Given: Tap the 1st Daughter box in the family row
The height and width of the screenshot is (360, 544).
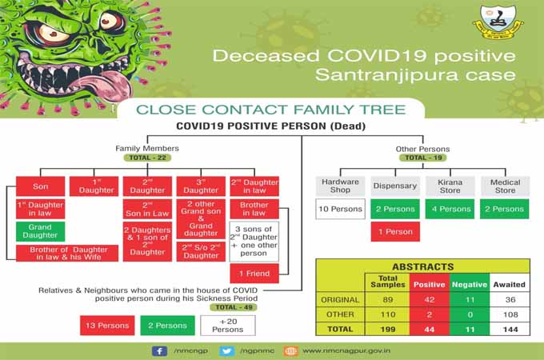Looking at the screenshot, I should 94,186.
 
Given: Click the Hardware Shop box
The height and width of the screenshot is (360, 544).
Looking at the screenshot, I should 340,186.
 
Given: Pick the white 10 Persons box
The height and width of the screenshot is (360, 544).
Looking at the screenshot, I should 340,210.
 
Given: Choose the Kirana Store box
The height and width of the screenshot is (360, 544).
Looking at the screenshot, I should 450,186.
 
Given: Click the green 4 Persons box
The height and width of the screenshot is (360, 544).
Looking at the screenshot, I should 450,210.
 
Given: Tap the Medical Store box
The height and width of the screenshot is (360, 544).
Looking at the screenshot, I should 506,186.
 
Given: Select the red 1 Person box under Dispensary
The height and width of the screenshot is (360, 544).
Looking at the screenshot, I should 395,232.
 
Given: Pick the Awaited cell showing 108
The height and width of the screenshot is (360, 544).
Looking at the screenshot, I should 510,314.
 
